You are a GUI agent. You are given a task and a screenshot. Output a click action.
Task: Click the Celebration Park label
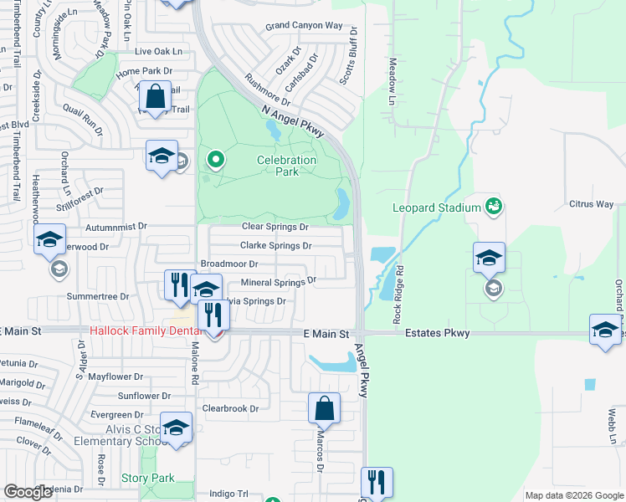pos(286,165)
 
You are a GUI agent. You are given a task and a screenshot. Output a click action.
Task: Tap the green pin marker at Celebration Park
pos(216,159)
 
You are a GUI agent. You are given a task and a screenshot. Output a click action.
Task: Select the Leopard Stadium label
pos(437,207)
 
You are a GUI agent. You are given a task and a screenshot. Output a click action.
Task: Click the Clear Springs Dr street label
pos(275,227)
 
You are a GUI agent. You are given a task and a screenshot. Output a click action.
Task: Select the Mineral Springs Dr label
pos(278,283)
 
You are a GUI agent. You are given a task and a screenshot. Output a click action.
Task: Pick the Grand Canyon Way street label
pos(304,27)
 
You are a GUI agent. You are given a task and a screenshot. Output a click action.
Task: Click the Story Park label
pos(146,479)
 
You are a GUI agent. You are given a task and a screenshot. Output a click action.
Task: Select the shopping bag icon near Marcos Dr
pos(324,409)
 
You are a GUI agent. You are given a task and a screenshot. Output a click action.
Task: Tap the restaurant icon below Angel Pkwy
pos(376,482)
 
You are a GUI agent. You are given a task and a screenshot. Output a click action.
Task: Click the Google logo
pos(28,492)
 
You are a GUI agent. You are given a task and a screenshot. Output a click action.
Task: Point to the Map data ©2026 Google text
pos(573,495)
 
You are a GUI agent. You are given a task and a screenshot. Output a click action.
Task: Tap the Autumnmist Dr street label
pos(116,227)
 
